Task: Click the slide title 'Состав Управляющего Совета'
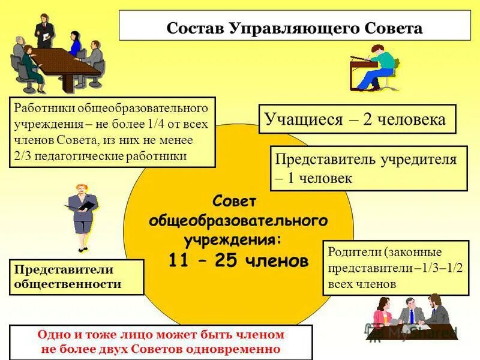(294, 28)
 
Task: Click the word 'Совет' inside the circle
(238, 200)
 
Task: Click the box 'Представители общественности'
(77, 277)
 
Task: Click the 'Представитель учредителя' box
(368, 168)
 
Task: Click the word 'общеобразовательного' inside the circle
(238, 220)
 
